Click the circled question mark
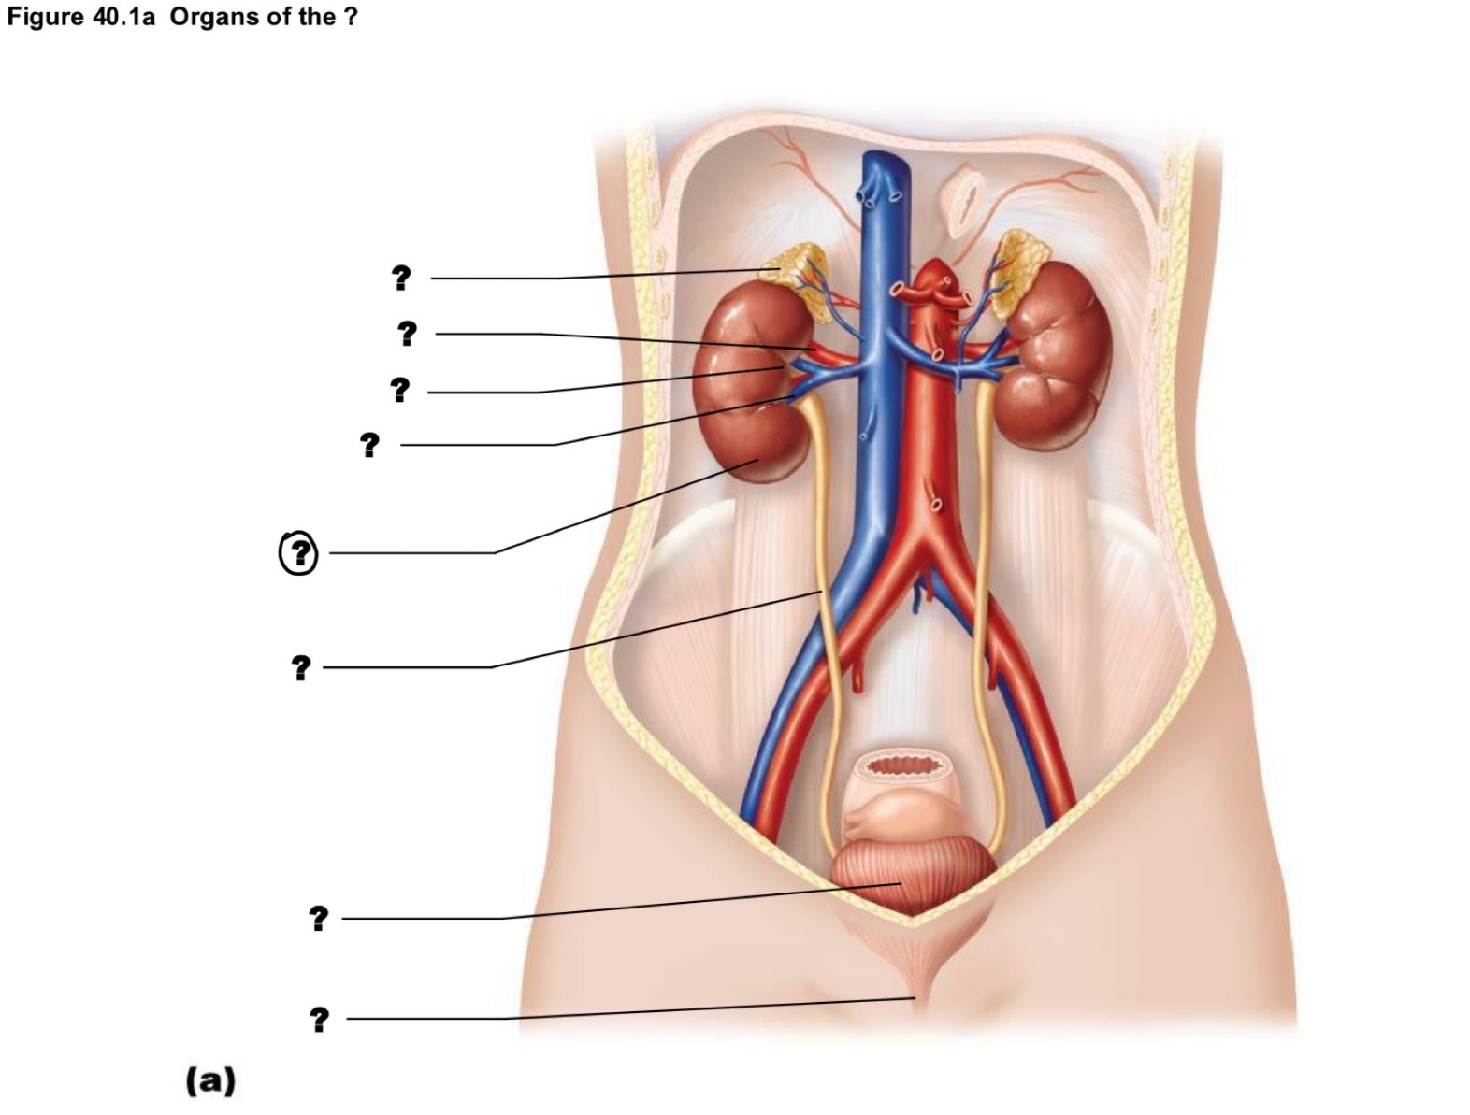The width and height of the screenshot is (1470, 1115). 298,553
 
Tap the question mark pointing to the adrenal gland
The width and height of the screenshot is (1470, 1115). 401,278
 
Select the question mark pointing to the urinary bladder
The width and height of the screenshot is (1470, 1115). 318,918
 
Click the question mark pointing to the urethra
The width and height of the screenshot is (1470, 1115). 320,1020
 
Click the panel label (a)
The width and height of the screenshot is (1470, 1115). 211,1080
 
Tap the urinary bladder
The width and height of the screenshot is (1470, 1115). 913,879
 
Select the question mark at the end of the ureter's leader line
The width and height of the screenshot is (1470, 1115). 301,667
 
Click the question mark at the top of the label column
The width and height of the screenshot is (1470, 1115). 401,278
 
